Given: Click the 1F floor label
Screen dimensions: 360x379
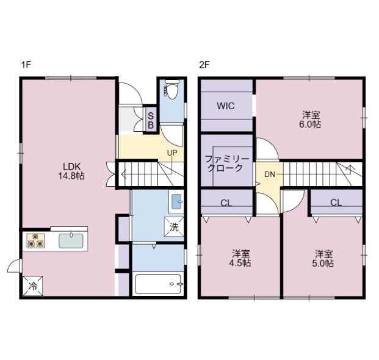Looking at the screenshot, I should click(x=26, y=64).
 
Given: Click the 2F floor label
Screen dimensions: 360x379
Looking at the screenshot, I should click(x=204, y=64).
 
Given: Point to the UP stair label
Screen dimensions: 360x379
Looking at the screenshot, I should click(x=172, y=152).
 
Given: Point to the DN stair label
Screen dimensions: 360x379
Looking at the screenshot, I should click(x=269, y=175).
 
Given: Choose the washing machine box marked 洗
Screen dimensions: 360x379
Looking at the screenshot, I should click(x=173, y=228).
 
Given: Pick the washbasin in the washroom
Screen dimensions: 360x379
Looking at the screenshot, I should click(x=176, y=200).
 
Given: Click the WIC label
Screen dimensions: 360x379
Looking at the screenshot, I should click(x=226, y=105).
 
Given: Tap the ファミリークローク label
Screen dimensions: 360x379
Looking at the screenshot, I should click(x=227, y=163).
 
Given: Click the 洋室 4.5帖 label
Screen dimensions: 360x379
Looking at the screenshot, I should click(x=240, y=258).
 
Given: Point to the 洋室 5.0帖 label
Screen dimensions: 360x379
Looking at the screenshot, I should click(x=324, y=258).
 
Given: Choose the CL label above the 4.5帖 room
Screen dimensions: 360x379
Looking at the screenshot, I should click(x=226, y=203).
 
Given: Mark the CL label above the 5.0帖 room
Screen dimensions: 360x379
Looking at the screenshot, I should click(x=336, y=203).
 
